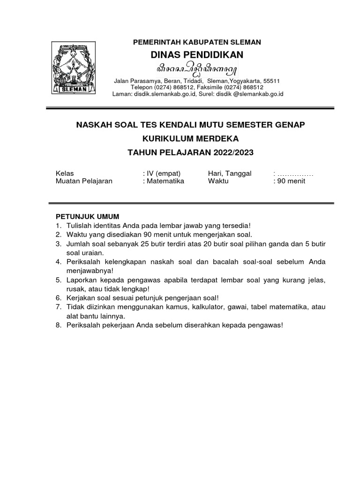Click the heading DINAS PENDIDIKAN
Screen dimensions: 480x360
pos(197,55)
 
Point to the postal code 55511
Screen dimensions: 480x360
pos(271,81)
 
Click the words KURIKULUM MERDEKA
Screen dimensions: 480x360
pos(190,139)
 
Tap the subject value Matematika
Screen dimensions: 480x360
pos(165,181)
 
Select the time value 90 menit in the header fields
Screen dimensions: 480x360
pos(291,181)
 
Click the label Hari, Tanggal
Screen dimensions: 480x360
pos(230,173)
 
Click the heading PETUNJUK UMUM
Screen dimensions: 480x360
pos(88,216)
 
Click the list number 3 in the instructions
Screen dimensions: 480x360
pos(59,244)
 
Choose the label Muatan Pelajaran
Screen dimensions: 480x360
pos(84,181)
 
